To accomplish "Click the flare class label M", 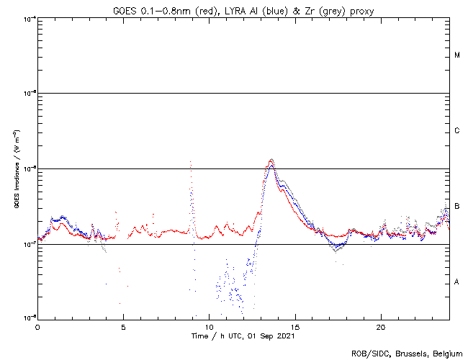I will (x=457, y=55).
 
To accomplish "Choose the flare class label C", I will (x=457, y=130).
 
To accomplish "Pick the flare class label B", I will (x=457, y=206).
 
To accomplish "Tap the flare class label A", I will (x=457, y=282).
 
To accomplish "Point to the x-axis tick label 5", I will (x=123, y=327).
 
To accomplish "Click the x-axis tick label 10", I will (x=209, y=327).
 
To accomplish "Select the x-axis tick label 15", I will (x=294, y=327).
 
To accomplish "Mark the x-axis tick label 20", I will (x=380, y=327).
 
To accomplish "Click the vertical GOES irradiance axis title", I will (x=15, y=168).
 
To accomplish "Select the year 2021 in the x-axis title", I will (x=285, y=336).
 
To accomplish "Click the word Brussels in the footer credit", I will (x=405, y=353).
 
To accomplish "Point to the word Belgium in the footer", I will (x=446, y=353).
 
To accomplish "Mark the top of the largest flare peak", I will (x=271, y=160).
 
